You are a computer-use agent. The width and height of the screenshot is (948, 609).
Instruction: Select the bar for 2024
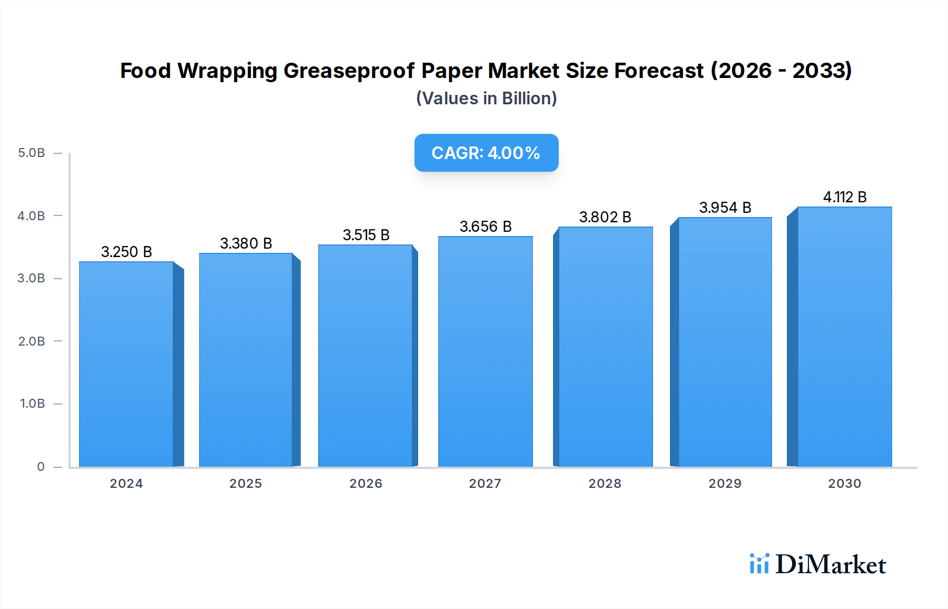pos(126,364)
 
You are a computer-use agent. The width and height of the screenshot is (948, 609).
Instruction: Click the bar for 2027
pos(485,351)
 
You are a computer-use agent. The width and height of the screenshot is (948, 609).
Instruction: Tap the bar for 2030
pos(844,337)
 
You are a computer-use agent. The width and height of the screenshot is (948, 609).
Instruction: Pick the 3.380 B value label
pos(246,243)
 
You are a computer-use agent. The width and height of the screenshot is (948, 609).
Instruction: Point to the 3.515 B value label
pos(366,235)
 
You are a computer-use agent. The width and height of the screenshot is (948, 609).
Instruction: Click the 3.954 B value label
pos(725,208)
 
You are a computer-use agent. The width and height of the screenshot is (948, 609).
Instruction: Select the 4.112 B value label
pos(845,197)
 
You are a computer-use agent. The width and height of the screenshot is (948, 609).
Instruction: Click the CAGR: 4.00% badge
pos(486,153)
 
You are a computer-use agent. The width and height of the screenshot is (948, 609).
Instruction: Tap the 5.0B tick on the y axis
pos(32,153)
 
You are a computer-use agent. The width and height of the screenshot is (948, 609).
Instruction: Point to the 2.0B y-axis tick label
pos(32,341)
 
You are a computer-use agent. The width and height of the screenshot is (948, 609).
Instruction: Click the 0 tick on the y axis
pos(41,467)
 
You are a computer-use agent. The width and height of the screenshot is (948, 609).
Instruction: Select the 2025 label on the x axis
pos(245,484)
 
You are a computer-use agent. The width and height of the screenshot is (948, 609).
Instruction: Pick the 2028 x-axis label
pos(605,484)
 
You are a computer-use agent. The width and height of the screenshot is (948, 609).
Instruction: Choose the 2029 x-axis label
pos(725,484)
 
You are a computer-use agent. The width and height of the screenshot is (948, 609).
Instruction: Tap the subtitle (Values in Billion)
pos(486,99)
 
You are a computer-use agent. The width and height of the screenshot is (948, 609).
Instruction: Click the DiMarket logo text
pos(831,565)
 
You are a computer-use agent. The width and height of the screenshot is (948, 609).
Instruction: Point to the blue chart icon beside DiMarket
pos(759,564)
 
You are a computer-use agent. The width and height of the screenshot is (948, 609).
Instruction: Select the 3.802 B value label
pos(605,217)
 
